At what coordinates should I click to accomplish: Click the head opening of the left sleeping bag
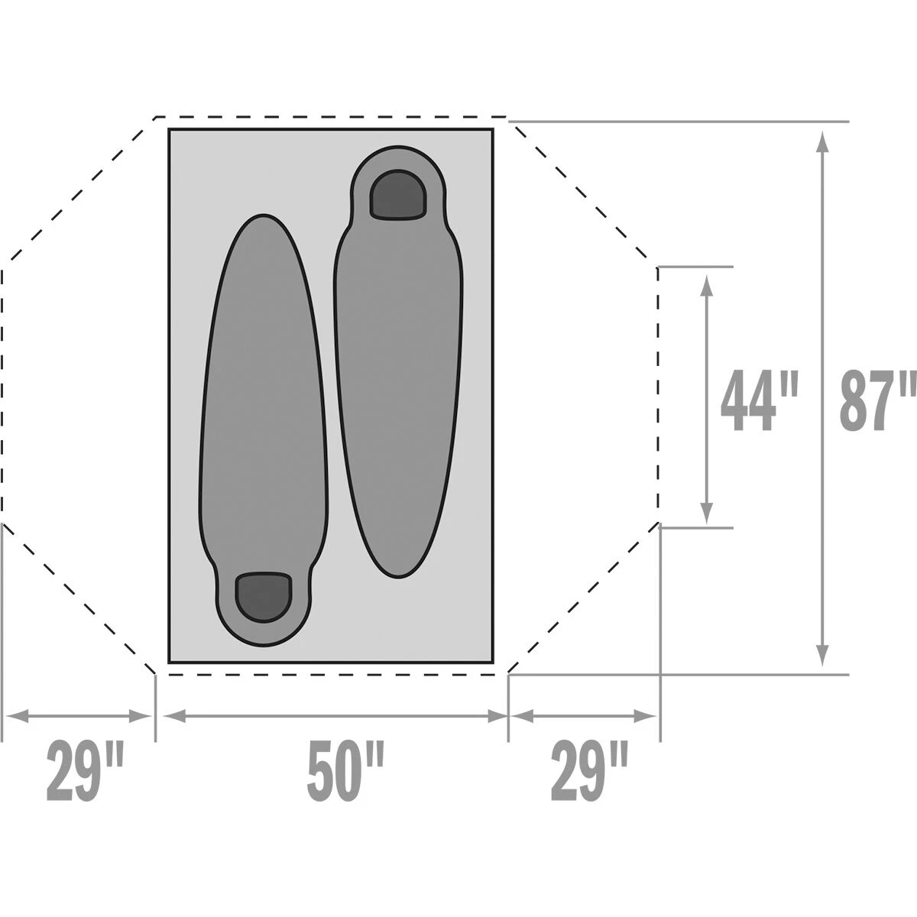264,597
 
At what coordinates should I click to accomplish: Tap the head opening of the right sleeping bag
398,194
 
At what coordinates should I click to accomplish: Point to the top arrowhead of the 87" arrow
823,142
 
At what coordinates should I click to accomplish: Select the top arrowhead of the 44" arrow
707,287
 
